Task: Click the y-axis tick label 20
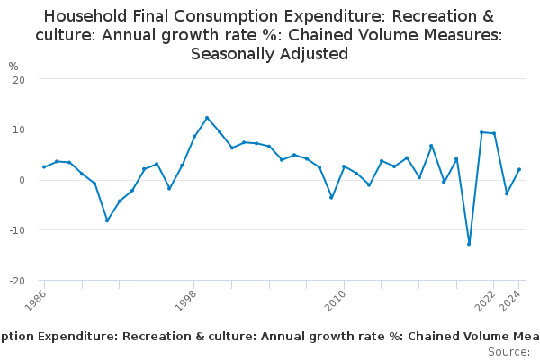18,79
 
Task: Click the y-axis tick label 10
18,130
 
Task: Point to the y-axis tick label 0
21,180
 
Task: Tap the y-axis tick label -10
16,230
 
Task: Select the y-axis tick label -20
16,281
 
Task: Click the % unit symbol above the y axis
13,67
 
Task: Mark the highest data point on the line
207,118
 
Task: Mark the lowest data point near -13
469,244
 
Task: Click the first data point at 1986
44,166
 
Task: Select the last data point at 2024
519,169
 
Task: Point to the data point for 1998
194,136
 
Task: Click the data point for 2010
344,166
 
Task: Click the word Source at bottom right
508,351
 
